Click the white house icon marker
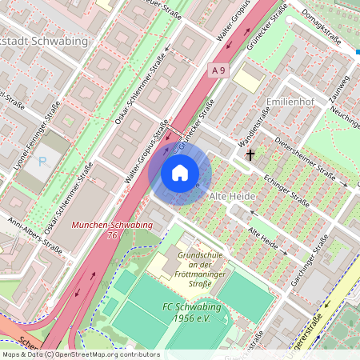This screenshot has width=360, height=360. point(180,173)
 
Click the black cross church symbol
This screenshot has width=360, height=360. point(250,154)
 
